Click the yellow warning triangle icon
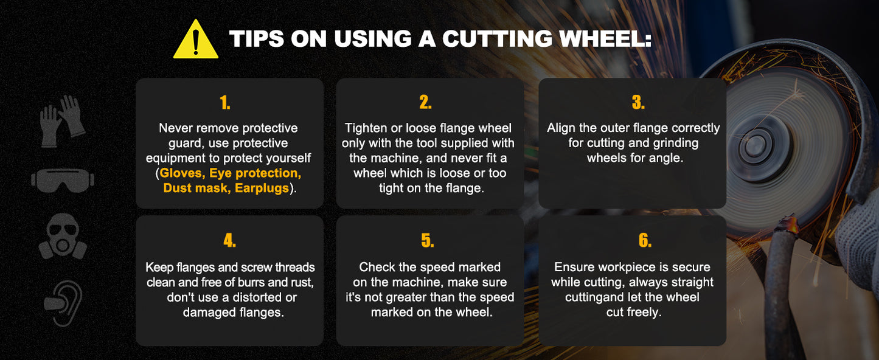tap(195, 40)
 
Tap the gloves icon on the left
tap(63, 121)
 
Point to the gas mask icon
tap(63, 236)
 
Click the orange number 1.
tap(225, 103)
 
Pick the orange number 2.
tap(426, 102)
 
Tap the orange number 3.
tap(639, 102)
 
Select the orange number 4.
tap(229, 240)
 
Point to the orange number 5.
tap(428, 240)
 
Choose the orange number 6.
tap(645, 240)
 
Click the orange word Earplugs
tap(262, 189)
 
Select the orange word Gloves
tap(182, 173)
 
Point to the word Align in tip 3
tap(561, 128)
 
